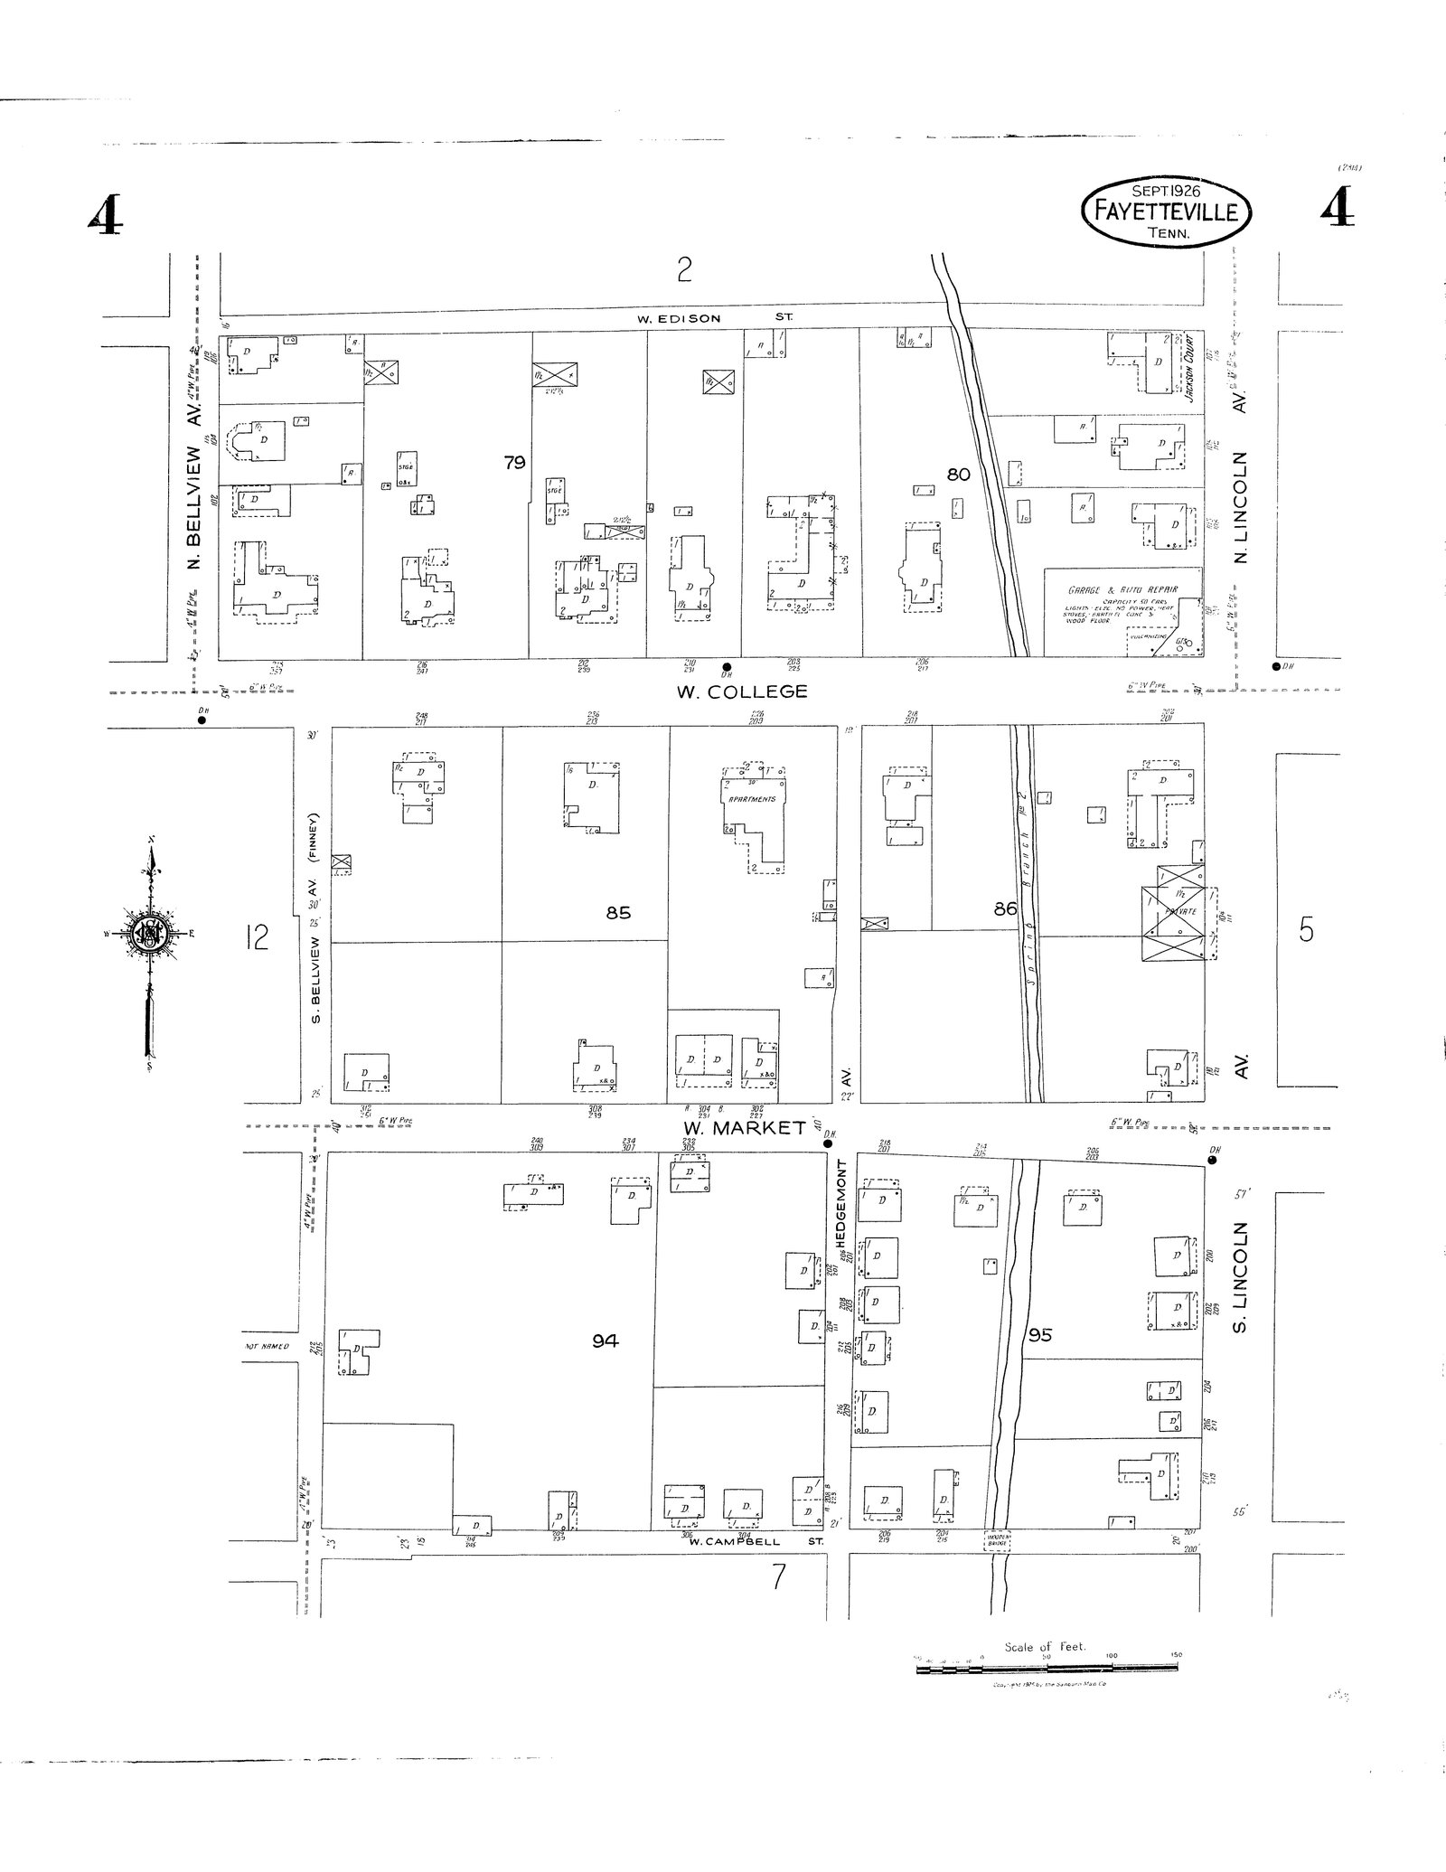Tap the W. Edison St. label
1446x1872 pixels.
(x=714, y=318)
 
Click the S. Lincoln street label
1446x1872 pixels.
(x=1241, y=1276)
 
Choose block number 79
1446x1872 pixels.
(x=515, y=463)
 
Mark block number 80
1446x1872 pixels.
(x=958, y=474)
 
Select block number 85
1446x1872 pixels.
(x=618, y=913)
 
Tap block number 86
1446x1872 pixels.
(x=1006, y=909)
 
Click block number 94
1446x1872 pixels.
(x=605, y=1341)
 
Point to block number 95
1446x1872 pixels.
(x=1040, y=1334)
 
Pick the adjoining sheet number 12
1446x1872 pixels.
(x=257, y=939)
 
